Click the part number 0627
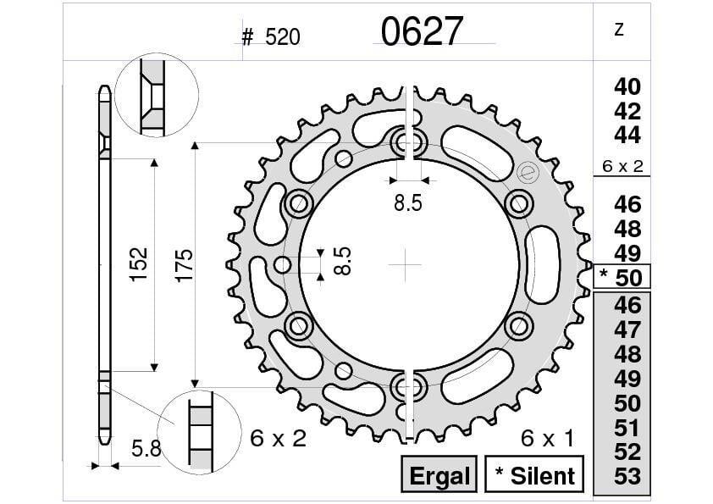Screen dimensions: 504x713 click(422, 32)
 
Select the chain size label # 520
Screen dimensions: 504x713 click(271, 37)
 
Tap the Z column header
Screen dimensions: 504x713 click(619, 30)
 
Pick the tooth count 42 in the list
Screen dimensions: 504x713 click(627, 111)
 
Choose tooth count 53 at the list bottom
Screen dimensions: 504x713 click(627, 476)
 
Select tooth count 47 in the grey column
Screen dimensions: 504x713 click(627, 330)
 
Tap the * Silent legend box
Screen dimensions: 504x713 click(533, 475)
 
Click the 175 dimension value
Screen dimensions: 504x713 click(183, 264)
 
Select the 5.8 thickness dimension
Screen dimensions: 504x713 click(146, 450)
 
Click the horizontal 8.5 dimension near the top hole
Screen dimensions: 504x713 click(409, 202)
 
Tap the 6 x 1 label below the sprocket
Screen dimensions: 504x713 click(547, 439)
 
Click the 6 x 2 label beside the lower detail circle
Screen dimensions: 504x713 click(279, 439)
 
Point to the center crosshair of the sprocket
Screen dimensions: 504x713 click(406, 264)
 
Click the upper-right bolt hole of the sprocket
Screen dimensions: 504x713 click(517, 202)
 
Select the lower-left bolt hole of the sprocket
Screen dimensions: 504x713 click(297, 324)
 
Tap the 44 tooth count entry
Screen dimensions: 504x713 click(627, 135)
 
